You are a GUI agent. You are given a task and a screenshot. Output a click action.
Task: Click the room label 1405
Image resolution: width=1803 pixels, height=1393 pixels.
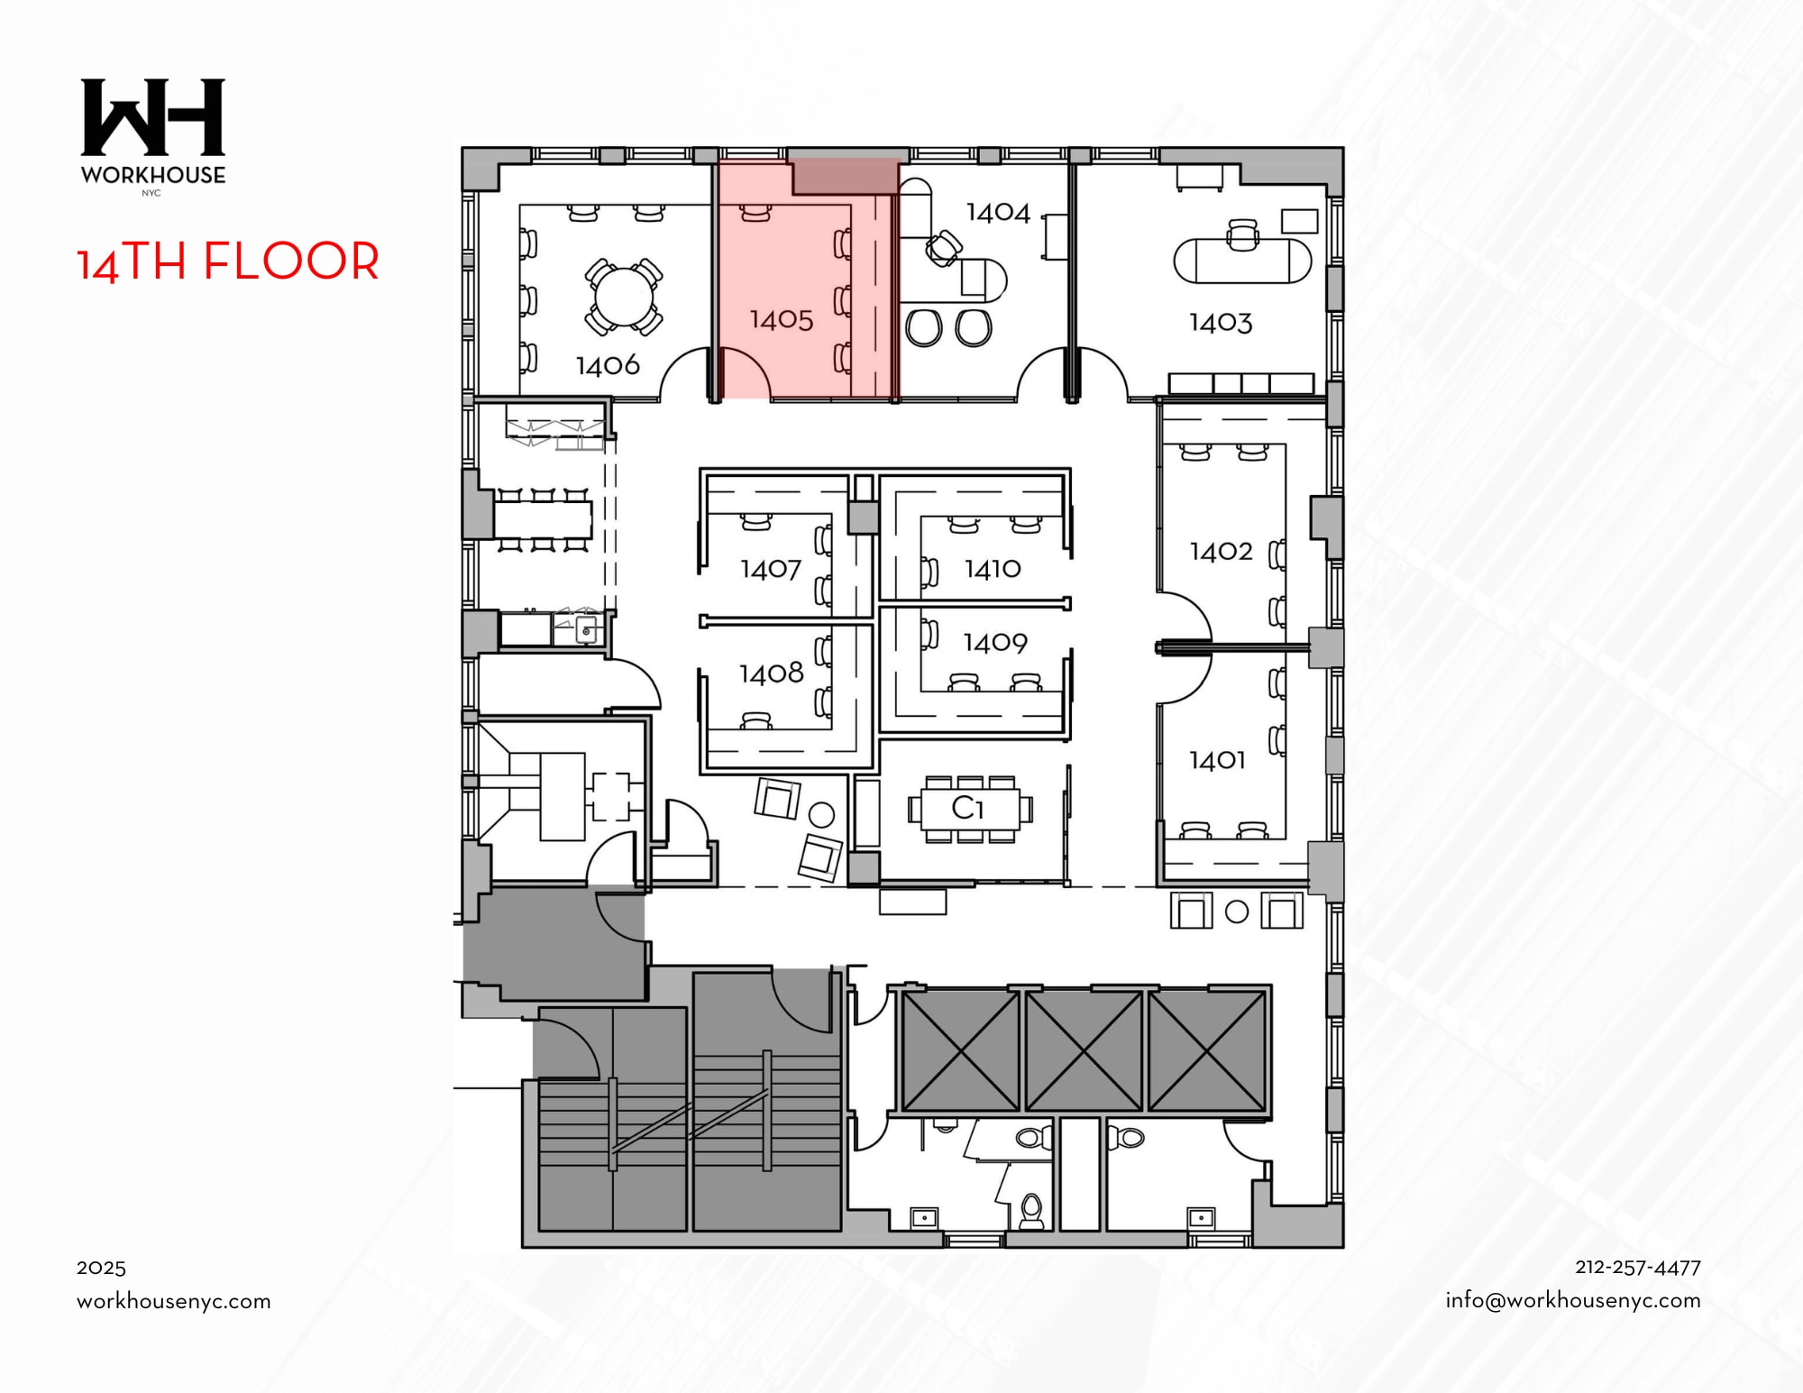tap(781, 319)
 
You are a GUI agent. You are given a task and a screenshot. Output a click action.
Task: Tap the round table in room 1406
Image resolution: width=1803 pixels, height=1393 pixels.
tap(623, 297)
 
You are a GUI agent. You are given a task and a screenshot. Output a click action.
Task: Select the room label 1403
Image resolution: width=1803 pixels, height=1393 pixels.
tap(1220, 322)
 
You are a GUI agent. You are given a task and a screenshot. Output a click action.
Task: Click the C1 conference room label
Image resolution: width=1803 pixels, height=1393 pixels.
tap(967, 807)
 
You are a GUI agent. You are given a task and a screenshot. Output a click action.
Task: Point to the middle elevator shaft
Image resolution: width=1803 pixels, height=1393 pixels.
tap(1083, 1050)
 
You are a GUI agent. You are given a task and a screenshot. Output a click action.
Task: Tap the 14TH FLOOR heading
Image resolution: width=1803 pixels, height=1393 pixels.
tap(227, 261)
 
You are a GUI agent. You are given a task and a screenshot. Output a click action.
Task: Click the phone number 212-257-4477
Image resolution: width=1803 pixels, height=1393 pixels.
tap(1637, 1267)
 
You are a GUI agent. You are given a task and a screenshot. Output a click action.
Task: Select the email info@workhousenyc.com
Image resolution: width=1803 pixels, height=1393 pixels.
tap(1572, 1300)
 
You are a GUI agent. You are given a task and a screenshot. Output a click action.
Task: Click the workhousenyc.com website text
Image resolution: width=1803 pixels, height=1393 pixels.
tap(173, 1301)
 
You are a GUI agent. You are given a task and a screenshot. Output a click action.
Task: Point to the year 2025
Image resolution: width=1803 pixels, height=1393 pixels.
tap(101, 1268)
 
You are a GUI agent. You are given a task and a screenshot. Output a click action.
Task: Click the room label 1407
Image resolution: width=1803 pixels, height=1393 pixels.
tap(770, 569)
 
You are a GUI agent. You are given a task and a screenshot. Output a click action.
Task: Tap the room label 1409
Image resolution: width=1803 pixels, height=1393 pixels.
tap(994, 642)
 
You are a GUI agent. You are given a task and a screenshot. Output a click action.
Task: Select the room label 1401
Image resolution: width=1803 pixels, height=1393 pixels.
tap(1216, 760)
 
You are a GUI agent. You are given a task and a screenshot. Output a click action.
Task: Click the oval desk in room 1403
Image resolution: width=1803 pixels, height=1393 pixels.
tap(1241, 261)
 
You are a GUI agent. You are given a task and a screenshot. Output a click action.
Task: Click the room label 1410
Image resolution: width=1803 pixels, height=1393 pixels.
tap(992, 568)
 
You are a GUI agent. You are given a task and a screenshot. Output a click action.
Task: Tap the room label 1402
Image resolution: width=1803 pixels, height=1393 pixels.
tap(1221, 551)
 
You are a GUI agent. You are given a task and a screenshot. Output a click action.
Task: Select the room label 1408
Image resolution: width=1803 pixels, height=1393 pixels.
tap(771, 673)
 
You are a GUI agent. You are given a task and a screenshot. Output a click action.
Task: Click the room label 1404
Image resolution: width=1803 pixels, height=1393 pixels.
tap(997, 212)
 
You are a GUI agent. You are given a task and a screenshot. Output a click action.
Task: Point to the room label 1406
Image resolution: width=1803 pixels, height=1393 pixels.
tap(608, 365)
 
